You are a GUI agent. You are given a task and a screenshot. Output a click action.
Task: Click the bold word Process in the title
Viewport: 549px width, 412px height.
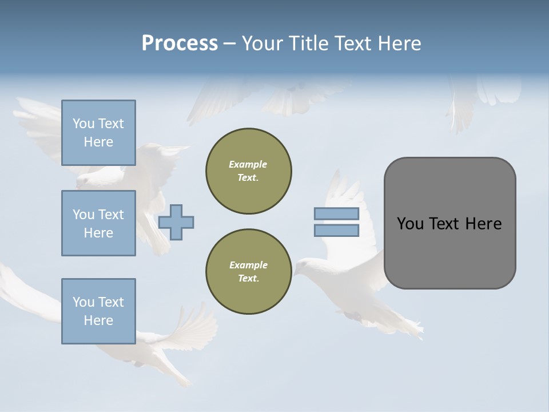pyautogui.click(x=180, y=43)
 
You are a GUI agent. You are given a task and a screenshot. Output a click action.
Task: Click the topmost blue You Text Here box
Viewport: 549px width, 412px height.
pyautogui.click(x=98, y=133)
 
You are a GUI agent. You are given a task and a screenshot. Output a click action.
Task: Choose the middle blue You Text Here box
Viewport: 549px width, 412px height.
pyautogui.click(x=98, y=223)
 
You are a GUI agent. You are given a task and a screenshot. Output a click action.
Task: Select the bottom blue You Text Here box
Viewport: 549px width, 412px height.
pyautogui.click(x=98, y=311)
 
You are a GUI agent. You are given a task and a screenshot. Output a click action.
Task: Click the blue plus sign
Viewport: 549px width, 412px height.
pyautogui.click(x=176, y=222)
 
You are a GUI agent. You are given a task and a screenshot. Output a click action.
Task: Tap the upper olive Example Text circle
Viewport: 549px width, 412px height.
pyautogui.click(x=249, y=171)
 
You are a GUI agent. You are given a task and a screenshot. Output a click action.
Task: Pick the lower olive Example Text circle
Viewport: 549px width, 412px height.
pyautogui.click(x=249, y=272)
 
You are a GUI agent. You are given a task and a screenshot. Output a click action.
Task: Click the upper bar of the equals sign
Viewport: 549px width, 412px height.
pyautogui.click(x=336, y=214)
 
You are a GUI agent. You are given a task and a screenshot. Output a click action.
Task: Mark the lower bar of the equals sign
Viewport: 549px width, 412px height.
pyautogui.click(x=336, y=231)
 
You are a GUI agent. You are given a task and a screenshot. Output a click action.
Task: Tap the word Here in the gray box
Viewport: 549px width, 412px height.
pyautogui.click(x=483, y=224)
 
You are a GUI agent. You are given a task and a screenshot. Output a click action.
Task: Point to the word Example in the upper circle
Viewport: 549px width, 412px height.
pyautogui.click(x=248, y=164)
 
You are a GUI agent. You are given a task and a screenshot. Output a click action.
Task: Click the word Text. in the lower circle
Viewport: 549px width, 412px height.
pyautogui.click(x=248, y=279)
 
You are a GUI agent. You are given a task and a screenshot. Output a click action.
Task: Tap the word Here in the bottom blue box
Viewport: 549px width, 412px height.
pyautogui.click(x=98, y=320)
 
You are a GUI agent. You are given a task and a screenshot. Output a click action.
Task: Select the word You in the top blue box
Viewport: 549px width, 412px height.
pyautogui.click(x=83, y=124)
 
